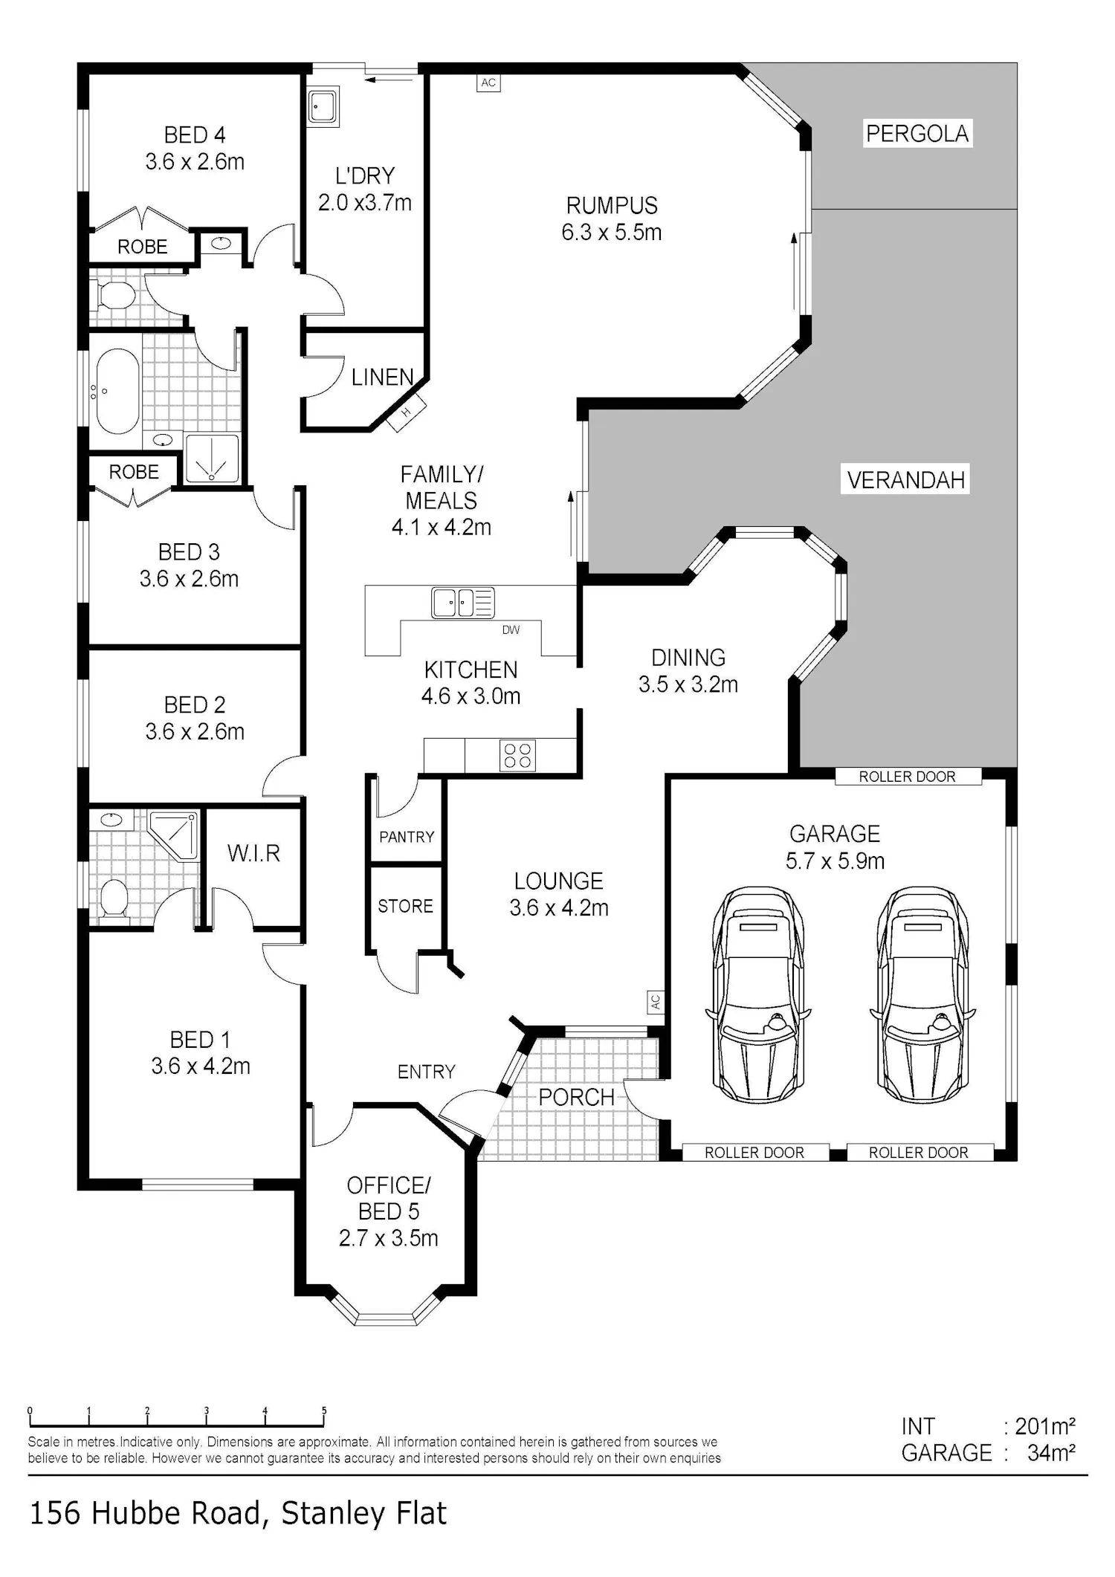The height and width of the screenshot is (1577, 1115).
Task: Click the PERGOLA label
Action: [x=917, y=134]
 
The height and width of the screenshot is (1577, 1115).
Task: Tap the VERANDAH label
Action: [x=906, y=480]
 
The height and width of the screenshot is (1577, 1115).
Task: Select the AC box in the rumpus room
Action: [x=488, y=82]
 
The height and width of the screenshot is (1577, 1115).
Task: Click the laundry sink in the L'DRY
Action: [x=323, y=107]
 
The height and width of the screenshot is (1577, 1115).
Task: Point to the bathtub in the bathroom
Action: [x=117, y=391]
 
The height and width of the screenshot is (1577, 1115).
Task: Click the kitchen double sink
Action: [x=462, y=603]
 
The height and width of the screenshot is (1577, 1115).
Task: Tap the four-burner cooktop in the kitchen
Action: [x=517, y=755]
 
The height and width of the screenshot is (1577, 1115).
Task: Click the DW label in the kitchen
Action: [x=511, y=630]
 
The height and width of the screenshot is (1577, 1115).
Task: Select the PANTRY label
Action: [x=407, y=838]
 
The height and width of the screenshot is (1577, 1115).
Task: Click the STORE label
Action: [x=405, y=906]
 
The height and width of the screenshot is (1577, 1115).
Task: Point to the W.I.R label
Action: [x=254, y=853]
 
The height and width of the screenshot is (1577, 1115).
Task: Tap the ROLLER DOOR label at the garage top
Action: [x=907, y=777]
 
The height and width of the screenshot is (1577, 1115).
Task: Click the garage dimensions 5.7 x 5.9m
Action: [x=835, y=861]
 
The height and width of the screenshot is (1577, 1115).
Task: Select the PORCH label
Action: [x=576, y=1098]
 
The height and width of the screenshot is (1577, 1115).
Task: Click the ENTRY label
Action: [x=426, y=1072]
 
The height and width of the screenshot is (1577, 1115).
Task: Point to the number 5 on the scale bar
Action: [x=324, y=1410]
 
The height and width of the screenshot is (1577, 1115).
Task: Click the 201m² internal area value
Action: [x=1045, y=1426]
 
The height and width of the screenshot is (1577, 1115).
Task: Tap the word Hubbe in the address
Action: [x=147, y=1512]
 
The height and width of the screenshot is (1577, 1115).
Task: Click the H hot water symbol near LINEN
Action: [x=407, y=412]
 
